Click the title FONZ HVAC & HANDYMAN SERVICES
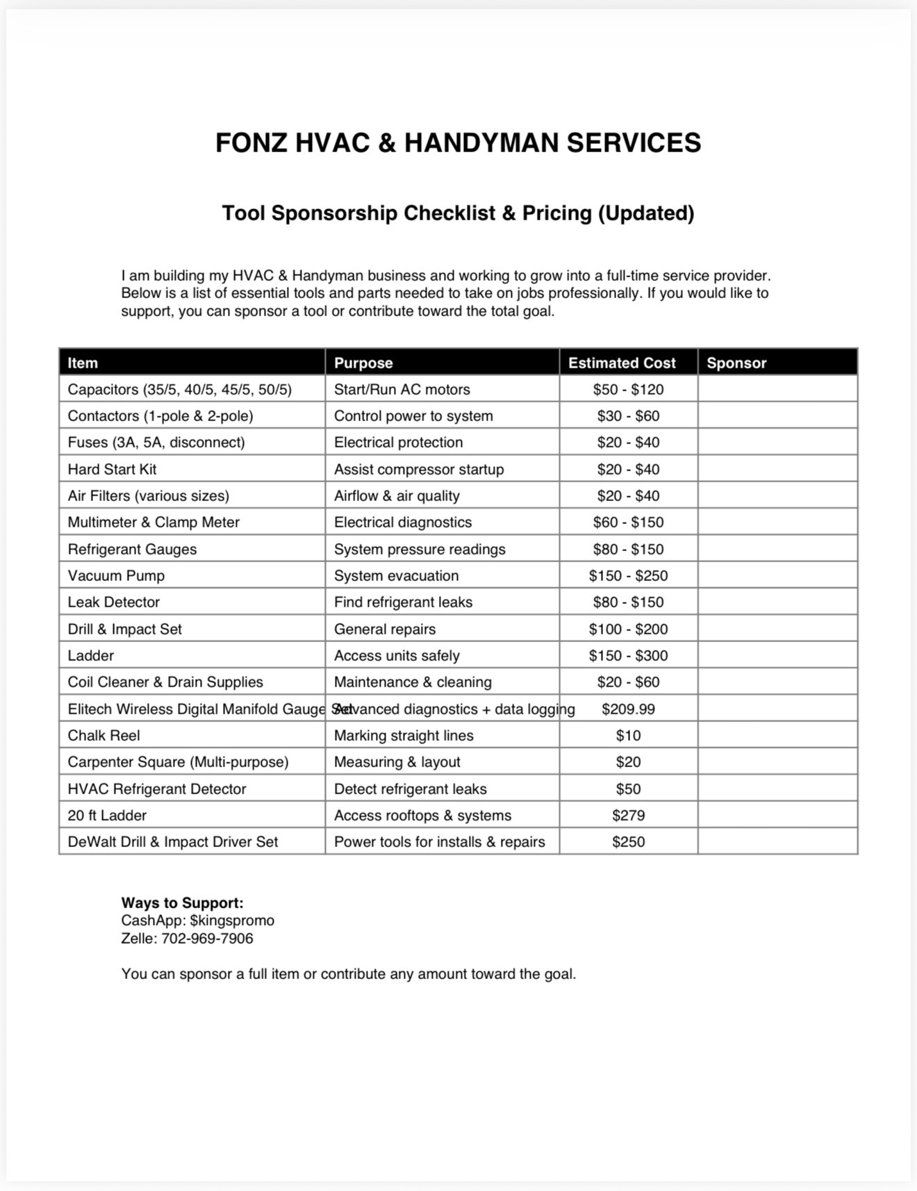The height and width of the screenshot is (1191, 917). tap(458, 142)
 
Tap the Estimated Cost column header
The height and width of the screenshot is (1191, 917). tap(622, 363)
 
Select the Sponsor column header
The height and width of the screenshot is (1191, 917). tap(736, 363)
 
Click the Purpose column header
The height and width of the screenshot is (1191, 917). tap(363, 363)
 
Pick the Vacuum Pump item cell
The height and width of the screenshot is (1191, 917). tap(116, 575)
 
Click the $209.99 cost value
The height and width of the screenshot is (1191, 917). tap(628, 709)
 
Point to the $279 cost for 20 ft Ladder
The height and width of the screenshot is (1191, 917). tap(628, 815)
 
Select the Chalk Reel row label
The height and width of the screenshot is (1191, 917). tap(104, 735)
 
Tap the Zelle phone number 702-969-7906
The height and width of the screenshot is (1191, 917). tap(207, 938)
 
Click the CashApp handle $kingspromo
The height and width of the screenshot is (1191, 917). tap(232, 920)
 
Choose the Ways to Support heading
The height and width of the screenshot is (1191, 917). tap(182, 903)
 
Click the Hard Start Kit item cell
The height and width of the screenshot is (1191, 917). tap(112, 469)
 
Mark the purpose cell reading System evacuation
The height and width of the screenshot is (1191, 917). tap(396, 575)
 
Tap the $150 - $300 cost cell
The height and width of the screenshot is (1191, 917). tap(628, 655)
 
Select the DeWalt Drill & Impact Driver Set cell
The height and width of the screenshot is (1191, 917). tap(172, 841)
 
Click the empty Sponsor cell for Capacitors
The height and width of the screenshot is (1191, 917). tap(777, 389)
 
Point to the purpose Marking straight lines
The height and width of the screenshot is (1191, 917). tap(404, 735)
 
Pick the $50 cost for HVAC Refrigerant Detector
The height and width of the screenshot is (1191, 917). tap(628, 789)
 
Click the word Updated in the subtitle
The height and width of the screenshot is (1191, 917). tap(646, 213)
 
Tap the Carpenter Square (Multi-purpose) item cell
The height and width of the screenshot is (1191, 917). tap(178, 762)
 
